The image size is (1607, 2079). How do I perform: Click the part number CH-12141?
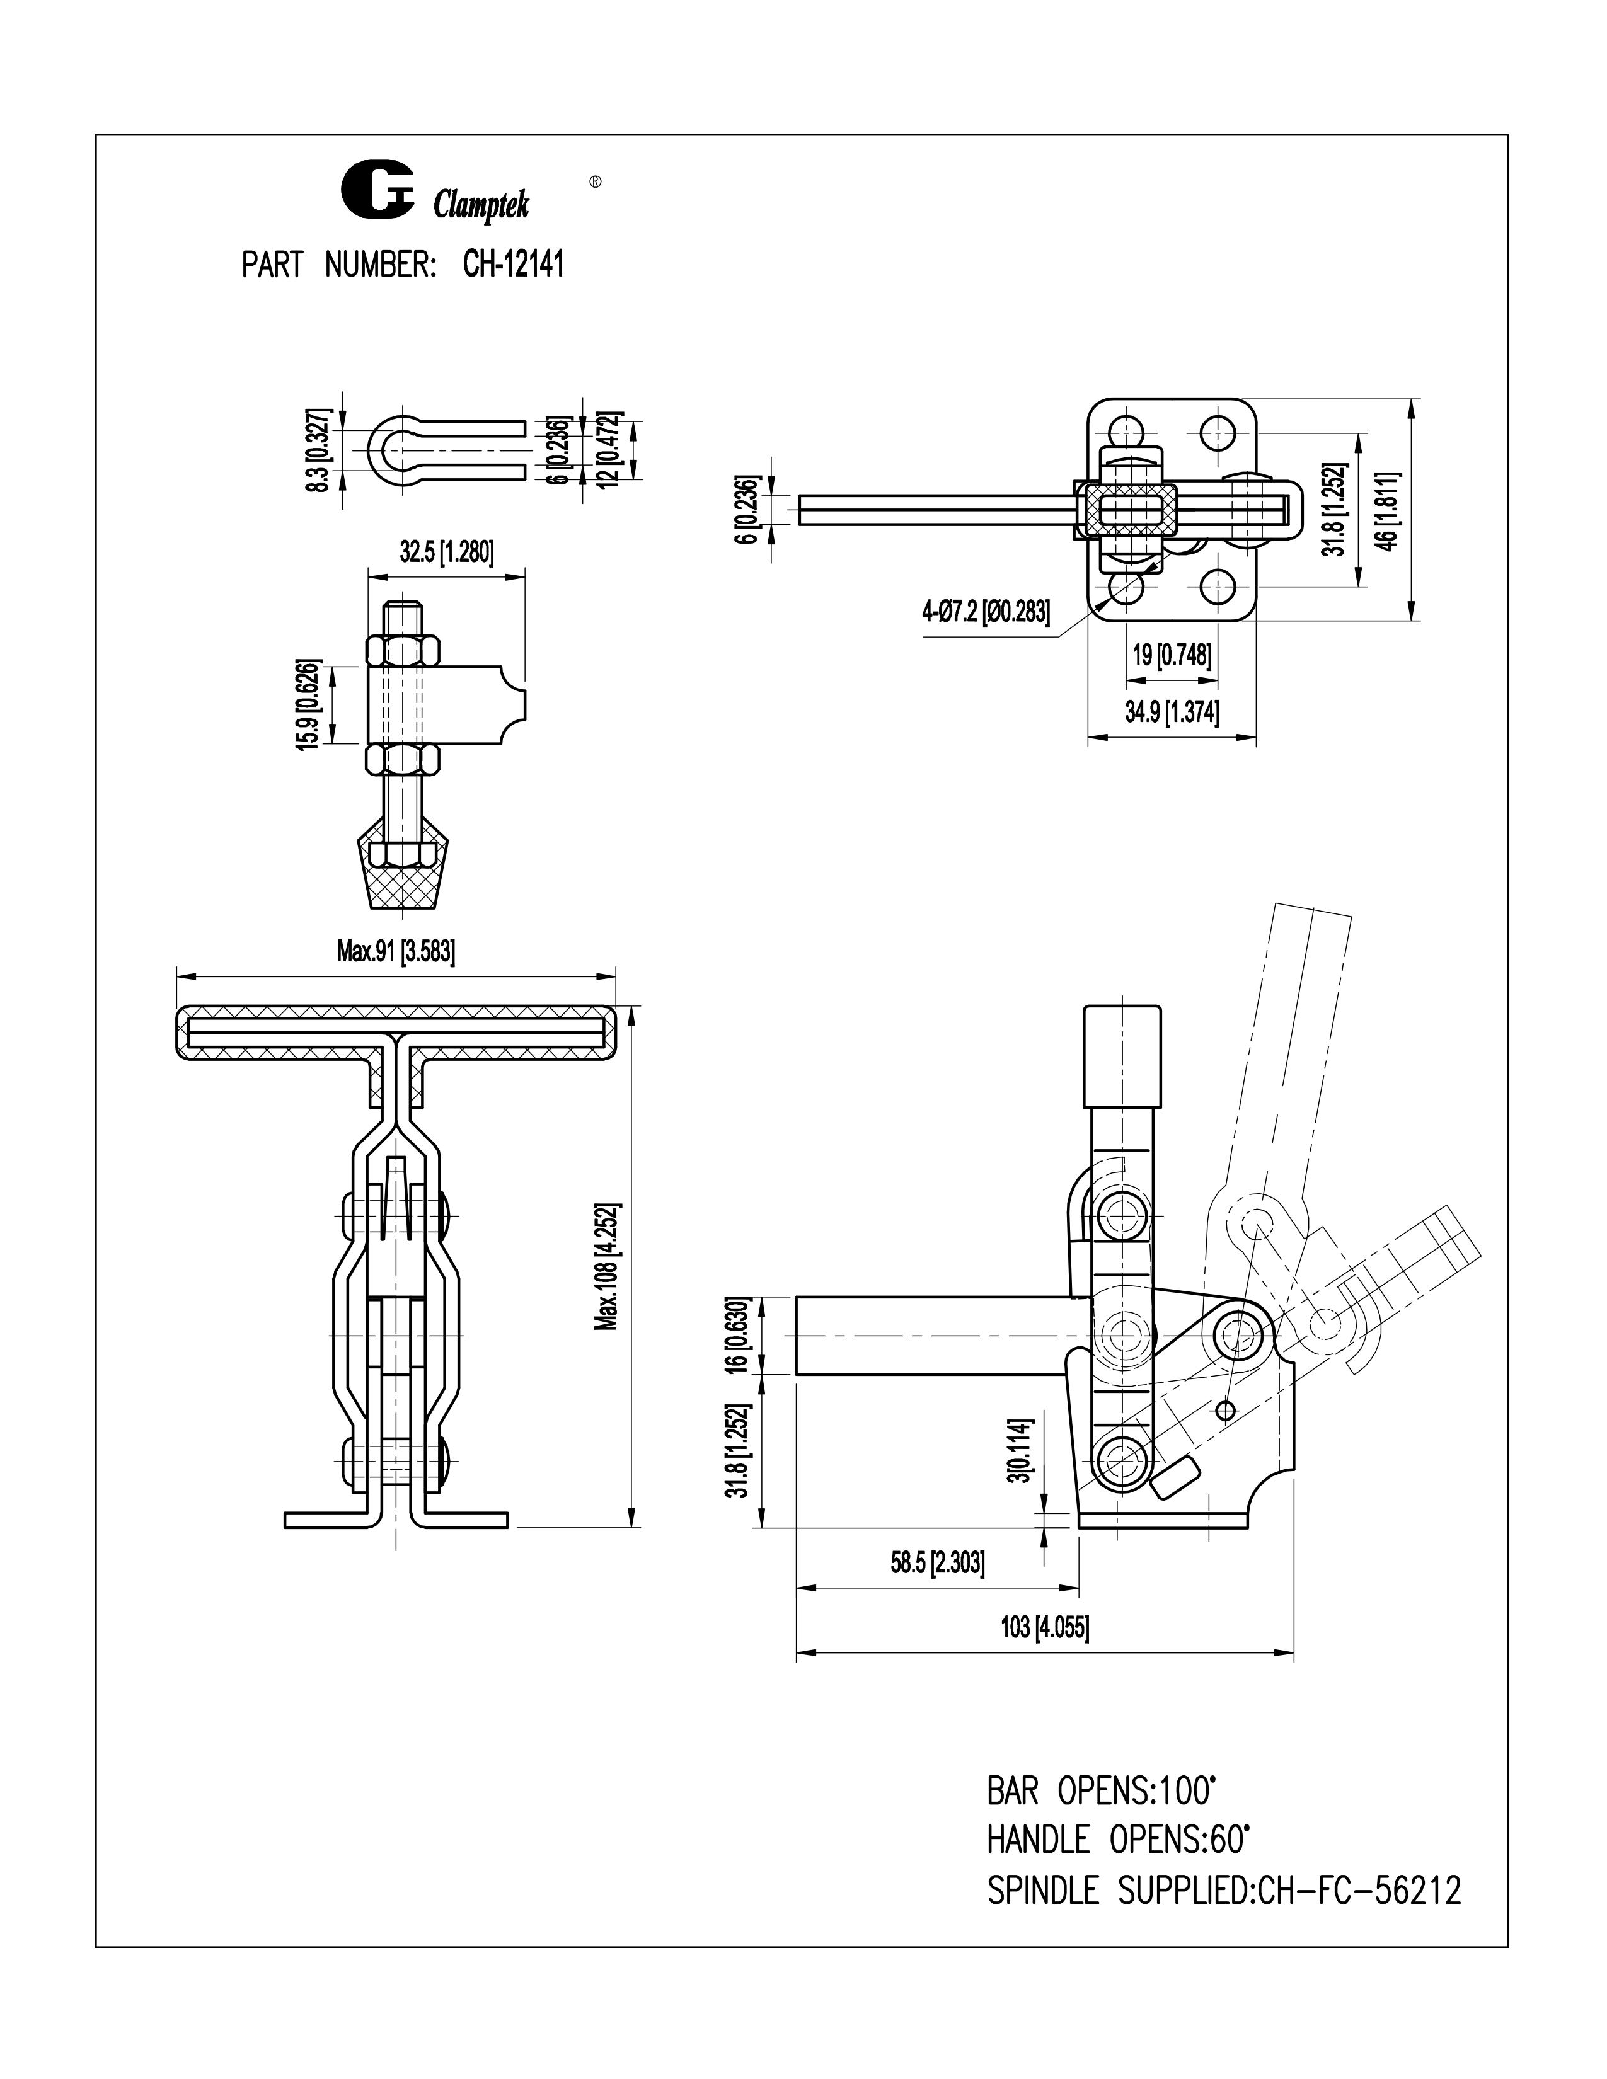[x=513, y=264]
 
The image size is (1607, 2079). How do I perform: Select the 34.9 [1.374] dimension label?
[x=1171, y=712]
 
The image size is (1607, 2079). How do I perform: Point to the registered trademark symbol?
[x=595, y=180]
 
